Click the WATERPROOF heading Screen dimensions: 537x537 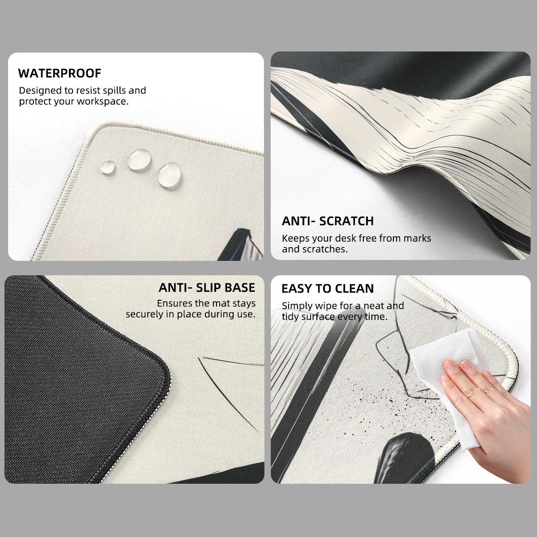coord(60,73)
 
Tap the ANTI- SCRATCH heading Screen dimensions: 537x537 coord(328,221)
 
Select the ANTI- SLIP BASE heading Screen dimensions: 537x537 coord(207,288)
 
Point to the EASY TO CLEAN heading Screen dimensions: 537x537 coord(328,289)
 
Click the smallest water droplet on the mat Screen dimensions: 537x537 coord(108,167)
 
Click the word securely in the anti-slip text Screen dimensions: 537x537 coord(147,314)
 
